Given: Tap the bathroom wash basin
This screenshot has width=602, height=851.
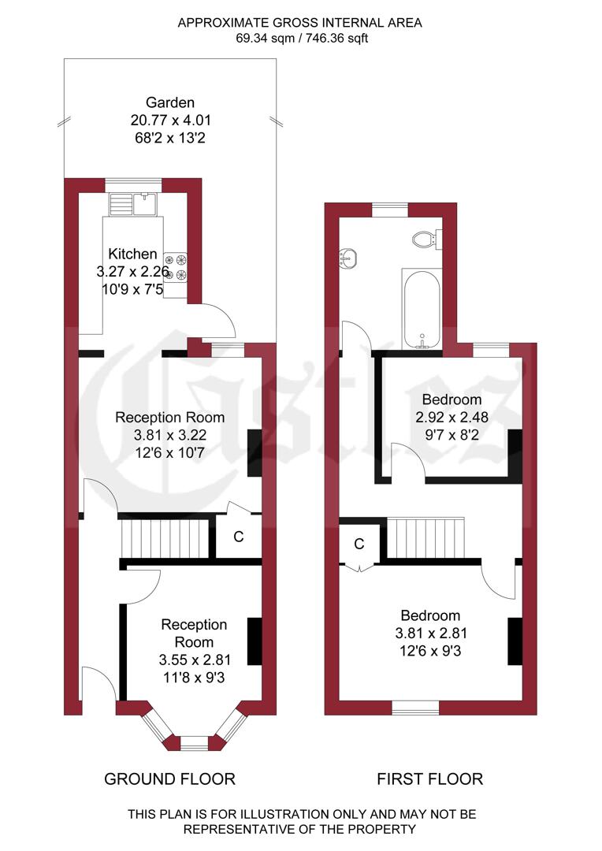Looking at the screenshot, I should tap(347, 257).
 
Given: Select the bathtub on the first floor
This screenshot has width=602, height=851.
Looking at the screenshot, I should tap(423, 308).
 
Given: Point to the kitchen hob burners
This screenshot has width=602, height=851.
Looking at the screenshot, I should tap(175, 266).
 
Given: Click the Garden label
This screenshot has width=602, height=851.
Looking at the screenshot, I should tap(170, 102).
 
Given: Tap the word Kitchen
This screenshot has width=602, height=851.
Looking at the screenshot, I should tap(132, 255).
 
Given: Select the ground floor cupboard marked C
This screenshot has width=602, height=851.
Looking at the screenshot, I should tap(239, 537).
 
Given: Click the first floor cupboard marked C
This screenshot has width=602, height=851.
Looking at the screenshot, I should tap(359, 544).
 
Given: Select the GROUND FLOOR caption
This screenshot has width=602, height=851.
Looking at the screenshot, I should tap(169, 779).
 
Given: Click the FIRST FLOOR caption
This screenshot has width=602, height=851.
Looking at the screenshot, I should tap(429, 779).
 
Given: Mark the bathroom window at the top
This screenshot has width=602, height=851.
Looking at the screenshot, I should tap(390, 209).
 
